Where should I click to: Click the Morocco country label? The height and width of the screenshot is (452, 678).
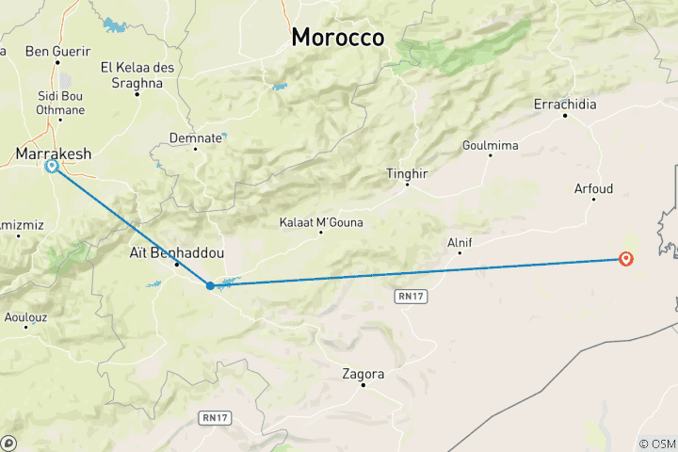tap(337, 38)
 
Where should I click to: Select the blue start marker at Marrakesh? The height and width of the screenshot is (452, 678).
tap(52, 167)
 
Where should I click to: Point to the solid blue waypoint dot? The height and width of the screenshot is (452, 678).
tap(210, 284)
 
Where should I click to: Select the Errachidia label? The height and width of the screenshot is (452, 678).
tap(565, 105)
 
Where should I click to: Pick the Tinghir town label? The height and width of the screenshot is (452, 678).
tap(407, 173)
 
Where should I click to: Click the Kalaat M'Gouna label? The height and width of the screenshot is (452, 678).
tap(321, 222)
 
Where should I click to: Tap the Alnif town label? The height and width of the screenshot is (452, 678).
tap(460, 243)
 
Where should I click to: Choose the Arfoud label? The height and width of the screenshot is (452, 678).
tap(593, 189)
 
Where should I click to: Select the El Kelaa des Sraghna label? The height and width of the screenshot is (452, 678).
tap(137, 75)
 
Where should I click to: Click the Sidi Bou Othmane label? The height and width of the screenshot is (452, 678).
tap(59, 103)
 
